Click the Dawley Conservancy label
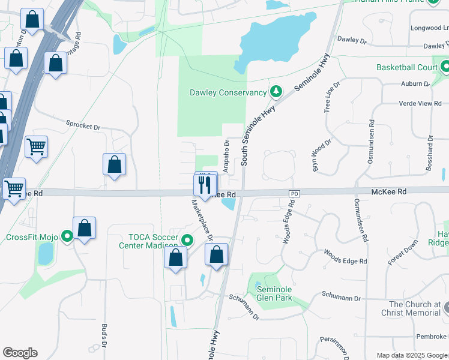(x=228, y=92)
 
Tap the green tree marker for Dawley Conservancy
(x=276, y=92)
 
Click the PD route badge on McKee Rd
(x=294, y=194)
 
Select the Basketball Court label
(x=407, y=67)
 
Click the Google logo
(x=20, y=353)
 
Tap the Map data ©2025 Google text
(x=412, y=355)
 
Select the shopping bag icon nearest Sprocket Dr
(x=114, y=164)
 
